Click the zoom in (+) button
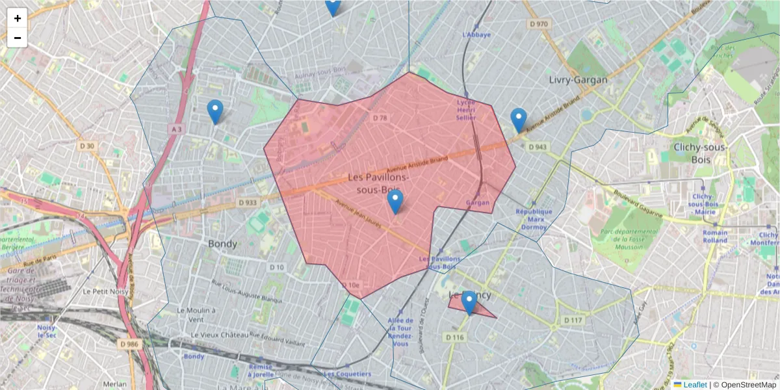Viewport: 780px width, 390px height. (18, 18)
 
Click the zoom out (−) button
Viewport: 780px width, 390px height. (18, 38)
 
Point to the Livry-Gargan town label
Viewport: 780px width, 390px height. (578, 80)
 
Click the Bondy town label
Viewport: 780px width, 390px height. (222, 243)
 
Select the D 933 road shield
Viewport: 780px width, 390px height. (248, 203)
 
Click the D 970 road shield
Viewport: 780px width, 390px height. (538, 24)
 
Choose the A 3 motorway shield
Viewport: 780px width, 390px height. (177, 129)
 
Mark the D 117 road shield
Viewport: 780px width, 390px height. (573, 320)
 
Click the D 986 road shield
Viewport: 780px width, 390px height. (129, 343)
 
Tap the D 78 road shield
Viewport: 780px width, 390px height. (380, 118)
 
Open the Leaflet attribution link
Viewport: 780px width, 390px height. (694, 385)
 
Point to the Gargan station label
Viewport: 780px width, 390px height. (477, 203)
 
